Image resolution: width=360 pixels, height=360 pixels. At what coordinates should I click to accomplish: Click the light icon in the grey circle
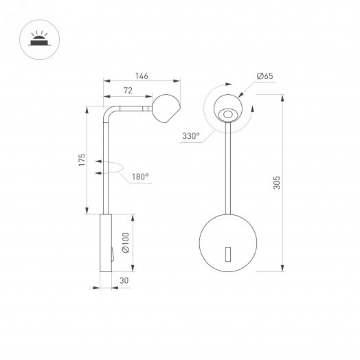click(x=35, y=39)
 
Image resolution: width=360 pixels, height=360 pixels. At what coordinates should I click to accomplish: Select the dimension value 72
click(x=127, y=91)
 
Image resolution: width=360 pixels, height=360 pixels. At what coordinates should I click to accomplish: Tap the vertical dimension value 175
click(x=81, y=161)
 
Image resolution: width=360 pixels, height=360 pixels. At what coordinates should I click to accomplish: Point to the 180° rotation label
click(x=139, y=177)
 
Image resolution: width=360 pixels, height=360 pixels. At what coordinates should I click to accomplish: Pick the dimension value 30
click(x=124, y=281)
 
